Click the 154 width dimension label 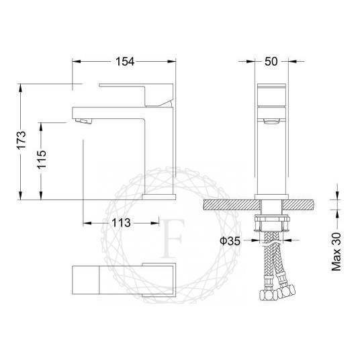coord(124,62)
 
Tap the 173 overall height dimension coord(21,141)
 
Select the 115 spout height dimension coord(42,161)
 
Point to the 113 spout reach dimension coord(121,224)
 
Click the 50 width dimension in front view coord(272,62)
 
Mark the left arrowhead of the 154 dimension coord(76,62)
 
